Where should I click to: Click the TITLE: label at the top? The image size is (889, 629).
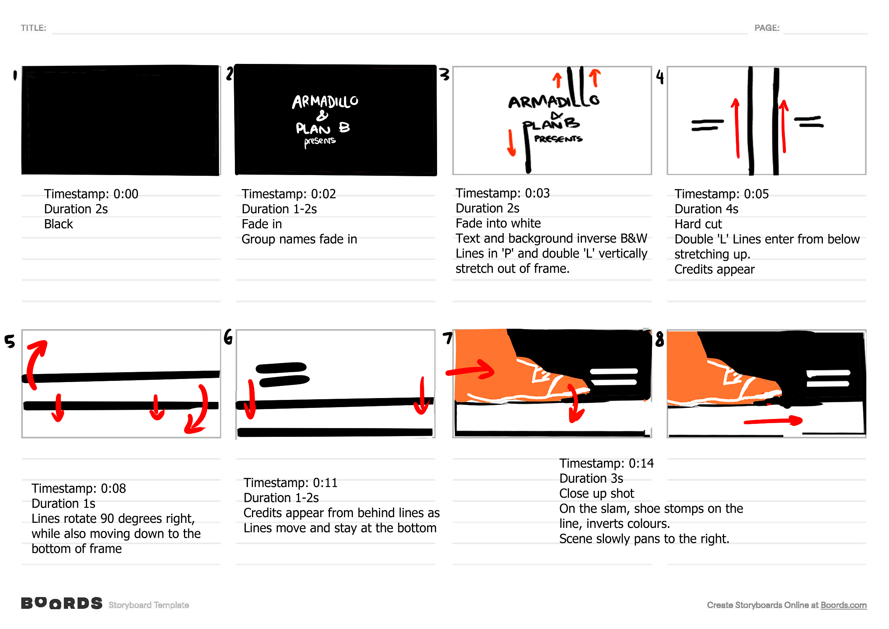[x=33, y=28]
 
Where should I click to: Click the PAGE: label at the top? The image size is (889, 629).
[x=766, y=28]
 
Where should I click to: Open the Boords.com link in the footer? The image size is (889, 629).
[x=843, y=605]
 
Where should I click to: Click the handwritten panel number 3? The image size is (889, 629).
[x=445, y=74]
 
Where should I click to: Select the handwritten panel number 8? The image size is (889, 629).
[x=659, y=339]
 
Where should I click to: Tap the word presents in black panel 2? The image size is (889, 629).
[x=319, y=142]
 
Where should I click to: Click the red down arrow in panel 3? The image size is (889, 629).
[x=511, y=143]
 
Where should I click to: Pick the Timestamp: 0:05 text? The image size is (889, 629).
[x=721, y=194]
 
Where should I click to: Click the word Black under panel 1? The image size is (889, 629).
[x=58, y=224]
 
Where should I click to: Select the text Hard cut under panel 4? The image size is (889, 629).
[x=698, y=224]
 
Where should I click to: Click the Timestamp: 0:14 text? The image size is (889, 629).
[x=606, y=463]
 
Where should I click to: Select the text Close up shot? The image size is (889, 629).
[x=596, y=494]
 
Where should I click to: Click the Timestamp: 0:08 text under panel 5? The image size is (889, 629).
[x=79, y=488]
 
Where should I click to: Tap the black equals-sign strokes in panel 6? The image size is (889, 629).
[x=282, y=374]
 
